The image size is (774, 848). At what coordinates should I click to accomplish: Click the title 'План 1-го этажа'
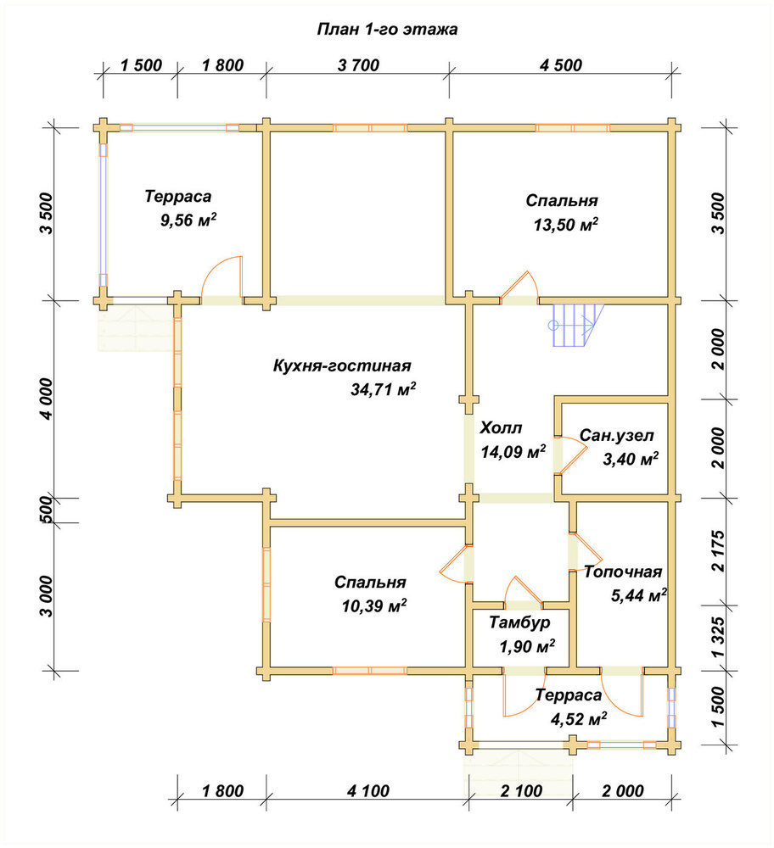(x=387, y=29)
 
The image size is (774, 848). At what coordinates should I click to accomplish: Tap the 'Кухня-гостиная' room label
(x=341, y=365)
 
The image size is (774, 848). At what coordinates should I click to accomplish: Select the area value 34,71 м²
(x=384, y=389)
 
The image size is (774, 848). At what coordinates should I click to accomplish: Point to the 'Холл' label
(x=501, y=428)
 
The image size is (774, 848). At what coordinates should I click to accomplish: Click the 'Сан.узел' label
(x=616, y=435)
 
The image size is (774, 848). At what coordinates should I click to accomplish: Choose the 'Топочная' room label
(x=623, y=572)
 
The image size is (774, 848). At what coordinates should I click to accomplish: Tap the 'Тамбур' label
(x=519, y=622)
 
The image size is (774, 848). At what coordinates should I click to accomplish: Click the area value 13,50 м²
(x=565, y=225)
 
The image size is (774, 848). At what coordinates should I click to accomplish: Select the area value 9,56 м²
(x=188, y=220)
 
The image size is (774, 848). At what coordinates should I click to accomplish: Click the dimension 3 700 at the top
(x=358, y=65)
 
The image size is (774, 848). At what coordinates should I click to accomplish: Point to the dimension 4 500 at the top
(x=561, y=65)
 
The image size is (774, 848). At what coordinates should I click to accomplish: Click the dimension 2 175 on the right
(x=718, y=550)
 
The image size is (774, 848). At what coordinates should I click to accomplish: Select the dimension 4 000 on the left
(x=47, y=399)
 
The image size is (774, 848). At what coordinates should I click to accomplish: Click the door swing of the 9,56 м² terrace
(x=222, y=276)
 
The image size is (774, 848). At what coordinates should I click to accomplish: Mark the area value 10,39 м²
(x=374, y=605)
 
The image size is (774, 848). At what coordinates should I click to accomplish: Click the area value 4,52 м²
(x=578, y=719)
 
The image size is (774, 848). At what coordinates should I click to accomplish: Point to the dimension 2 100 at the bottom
(x=521, y=791)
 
